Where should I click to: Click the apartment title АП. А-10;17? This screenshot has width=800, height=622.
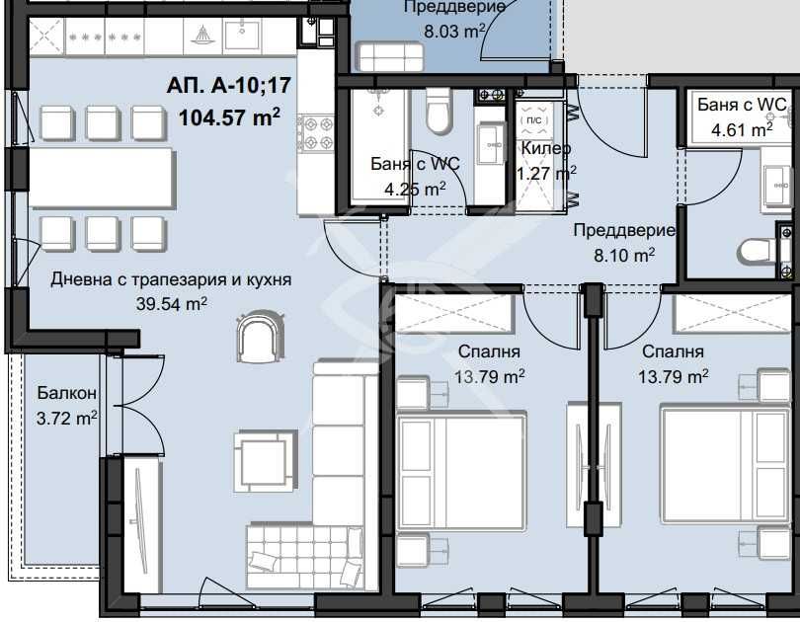coord(228,85)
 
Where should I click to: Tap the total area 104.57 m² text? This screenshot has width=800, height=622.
coord(229,117)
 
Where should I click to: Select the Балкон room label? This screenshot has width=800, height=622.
coord(67,393)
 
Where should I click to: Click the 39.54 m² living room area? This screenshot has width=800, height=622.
coord(172,304)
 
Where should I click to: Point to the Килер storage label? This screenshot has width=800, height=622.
coord(545,148)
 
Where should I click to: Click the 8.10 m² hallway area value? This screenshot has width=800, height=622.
coord(624,255)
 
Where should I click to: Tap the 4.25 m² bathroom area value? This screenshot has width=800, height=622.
coord(415,190)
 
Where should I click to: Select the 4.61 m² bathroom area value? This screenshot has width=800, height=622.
coord(742,129)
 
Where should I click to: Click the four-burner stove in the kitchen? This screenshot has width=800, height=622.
coord(316,133)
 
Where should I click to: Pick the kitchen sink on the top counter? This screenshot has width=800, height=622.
coord(242,35)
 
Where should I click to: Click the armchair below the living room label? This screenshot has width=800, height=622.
coord(259,337)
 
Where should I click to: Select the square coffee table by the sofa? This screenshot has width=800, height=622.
coord(264,462)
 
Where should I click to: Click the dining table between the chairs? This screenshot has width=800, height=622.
coord(103,179)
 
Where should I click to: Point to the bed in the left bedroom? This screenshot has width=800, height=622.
coord(460,472)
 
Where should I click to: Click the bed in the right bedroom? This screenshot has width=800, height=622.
coord(726,464)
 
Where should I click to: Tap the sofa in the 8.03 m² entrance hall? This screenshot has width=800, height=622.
coord(392,55)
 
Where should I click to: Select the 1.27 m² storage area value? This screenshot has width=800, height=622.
coord(546,174)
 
